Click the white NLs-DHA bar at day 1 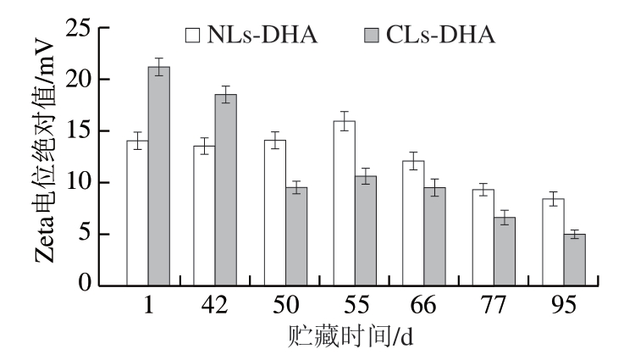coord(137,213)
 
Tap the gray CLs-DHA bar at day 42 coord(226,190)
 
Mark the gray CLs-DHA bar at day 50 coord(296,236)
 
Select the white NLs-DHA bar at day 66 coord(413,223)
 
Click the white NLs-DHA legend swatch coord(193,35)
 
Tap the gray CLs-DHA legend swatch coord(370,35)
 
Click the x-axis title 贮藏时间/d coord(354,336)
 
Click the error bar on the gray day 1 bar coord(158,67)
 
